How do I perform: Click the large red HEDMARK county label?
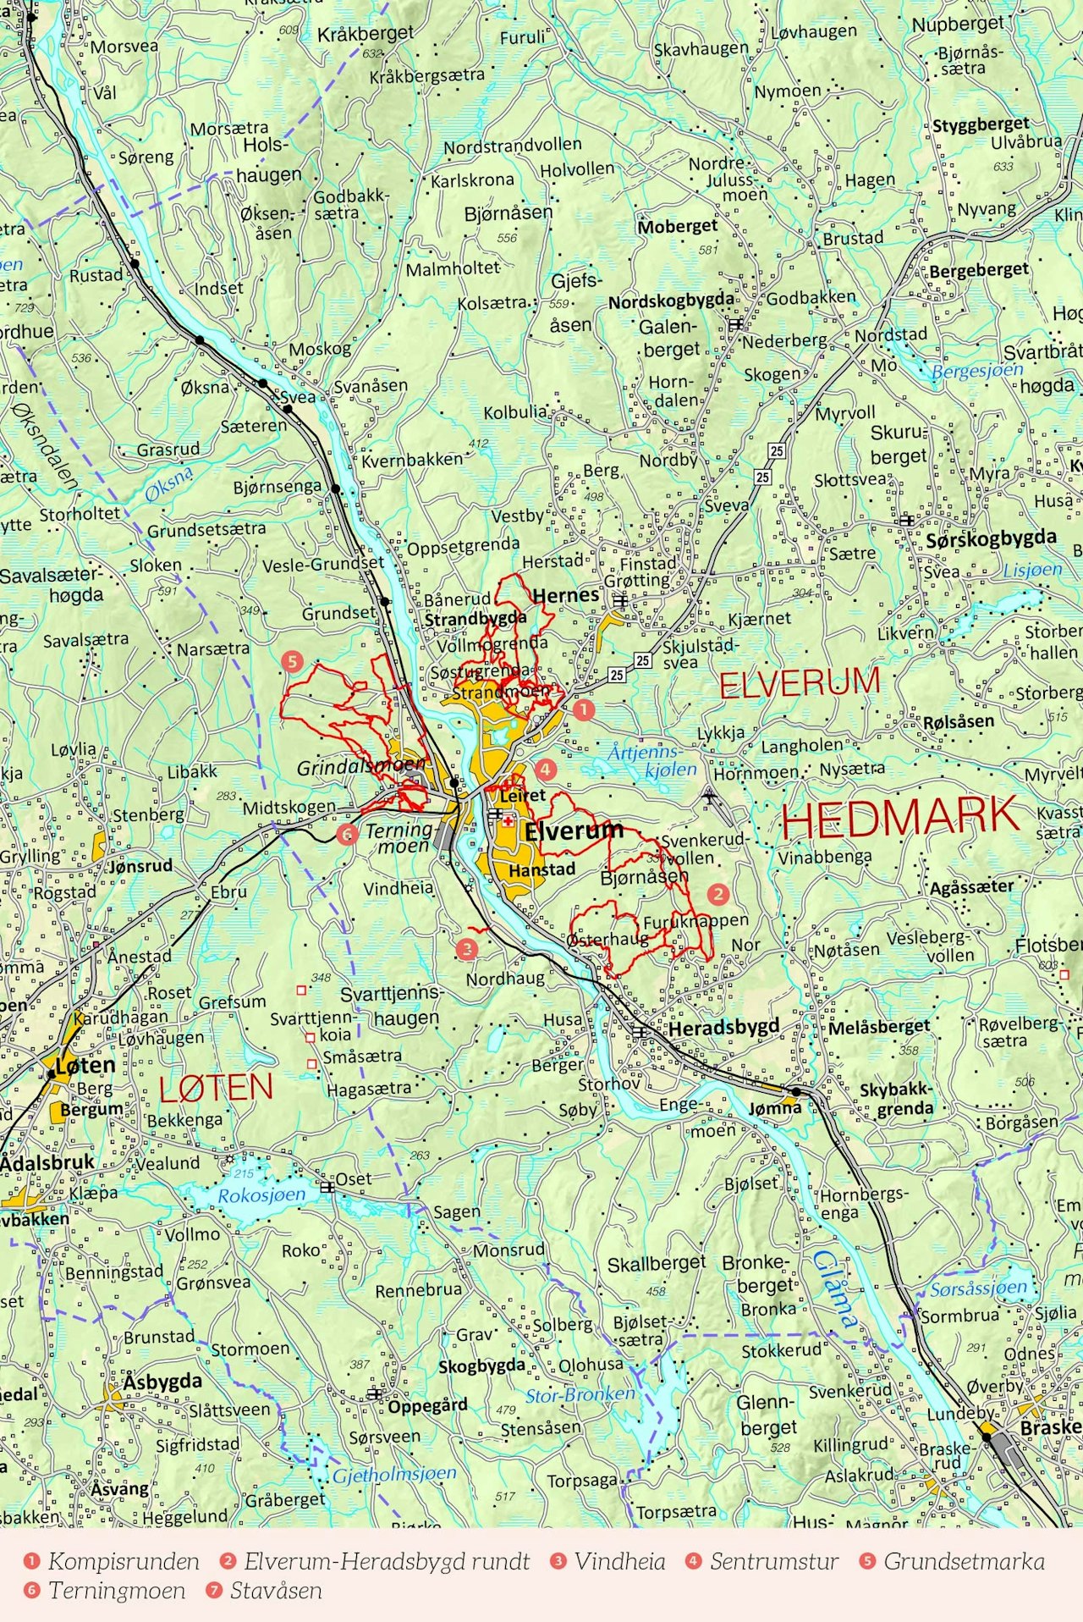tap(899, 817)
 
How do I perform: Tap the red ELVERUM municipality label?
tap(800, 683)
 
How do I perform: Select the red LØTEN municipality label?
tap(216, 1088)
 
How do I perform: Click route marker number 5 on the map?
tap(293, 661)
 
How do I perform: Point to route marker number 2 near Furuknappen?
tap(717, 893)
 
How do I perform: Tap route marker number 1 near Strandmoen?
tap(584, 709)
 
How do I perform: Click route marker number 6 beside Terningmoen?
tap(346, 834)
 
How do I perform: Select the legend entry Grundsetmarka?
tap(964, 1562)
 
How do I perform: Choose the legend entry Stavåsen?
tap(276, 1591)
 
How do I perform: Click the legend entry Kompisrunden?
tap(124, 1562)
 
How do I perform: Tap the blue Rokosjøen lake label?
tap(261, 1195)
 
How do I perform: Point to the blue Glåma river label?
tap(835, 1289)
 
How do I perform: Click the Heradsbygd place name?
tap(723, 1028)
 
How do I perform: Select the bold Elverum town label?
tap(574, 831)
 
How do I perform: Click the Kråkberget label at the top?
tap(366, 34)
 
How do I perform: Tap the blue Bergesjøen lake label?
tap(977, 370)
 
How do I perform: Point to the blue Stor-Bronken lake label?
tap(580, 1395)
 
